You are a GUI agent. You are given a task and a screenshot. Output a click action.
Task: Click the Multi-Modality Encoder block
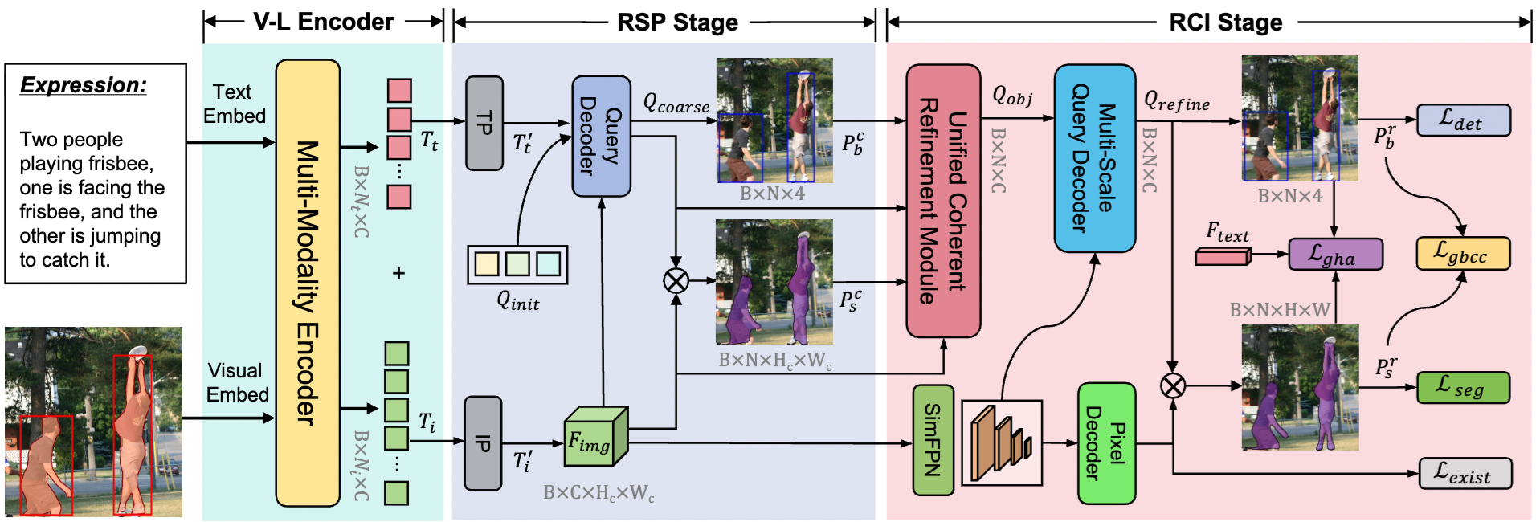click(308, 283)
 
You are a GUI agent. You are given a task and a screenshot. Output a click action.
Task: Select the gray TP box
click(484, 123)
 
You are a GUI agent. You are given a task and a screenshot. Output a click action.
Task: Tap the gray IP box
click(483, 442)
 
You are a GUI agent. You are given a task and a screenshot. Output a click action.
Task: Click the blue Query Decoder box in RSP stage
click(601, 136)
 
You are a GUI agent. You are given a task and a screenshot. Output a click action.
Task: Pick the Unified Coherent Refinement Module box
click(943, 201)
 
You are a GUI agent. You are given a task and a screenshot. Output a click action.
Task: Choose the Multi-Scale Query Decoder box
click(1094, 158)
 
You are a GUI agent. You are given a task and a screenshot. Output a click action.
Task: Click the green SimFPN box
click(933, 440)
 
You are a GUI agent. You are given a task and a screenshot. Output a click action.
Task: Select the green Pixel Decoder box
click(1105, 443)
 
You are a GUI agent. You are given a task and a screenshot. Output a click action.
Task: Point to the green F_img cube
click(594, 438)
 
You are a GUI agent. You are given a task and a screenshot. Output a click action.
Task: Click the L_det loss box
click(1463, 120)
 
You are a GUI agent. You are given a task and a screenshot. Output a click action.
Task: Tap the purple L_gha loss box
click(1335, 255)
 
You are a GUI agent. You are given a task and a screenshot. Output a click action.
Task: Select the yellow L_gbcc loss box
click(1462, 254)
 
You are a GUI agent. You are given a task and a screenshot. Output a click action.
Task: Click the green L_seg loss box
click(1462, 387)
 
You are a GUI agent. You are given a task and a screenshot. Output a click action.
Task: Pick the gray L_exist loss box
click(1465, 474)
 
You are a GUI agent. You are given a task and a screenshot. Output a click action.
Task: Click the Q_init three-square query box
click(517, 264)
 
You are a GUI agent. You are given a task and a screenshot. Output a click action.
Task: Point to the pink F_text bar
click(1223, 256)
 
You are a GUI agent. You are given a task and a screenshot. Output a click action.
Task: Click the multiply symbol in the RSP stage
click(676, 280)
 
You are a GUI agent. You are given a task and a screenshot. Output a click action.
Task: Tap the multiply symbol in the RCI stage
click(1173, 386)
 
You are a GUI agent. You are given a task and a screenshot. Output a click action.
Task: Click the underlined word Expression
click(84, 85)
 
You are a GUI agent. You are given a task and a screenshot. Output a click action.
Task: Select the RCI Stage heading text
click(1225, 22)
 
